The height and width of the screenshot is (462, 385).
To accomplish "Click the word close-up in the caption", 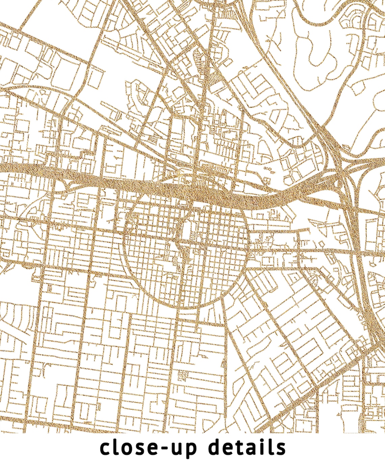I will tap(149, 448).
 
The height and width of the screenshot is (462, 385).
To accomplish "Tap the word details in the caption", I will tap(247, 448).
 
